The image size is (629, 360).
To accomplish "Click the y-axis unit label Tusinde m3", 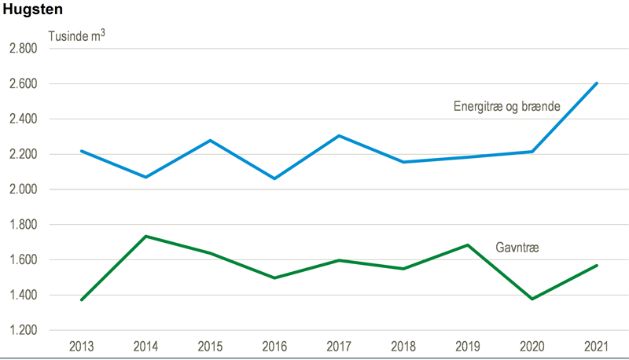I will point(77,36).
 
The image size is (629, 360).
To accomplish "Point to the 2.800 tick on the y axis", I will point(23,49).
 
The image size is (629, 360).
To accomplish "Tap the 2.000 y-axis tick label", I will point(23,189).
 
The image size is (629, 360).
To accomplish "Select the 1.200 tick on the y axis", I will point(23,330).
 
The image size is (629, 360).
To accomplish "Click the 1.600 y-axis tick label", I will point(23,260).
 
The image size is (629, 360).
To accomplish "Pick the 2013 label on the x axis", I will point(82,346).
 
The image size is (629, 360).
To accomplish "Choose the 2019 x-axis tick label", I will point(469,346).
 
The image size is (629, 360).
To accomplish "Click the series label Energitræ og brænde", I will point(506,106).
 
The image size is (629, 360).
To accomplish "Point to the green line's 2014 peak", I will point(147,237).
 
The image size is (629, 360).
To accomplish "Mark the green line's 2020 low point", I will point(532,299).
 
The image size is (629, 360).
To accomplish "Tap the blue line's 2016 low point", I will point(274,178).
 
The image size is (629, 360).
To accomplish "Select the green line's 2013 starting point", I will point(82,299).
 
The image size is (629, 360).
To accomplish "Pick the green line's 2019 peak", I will point(468,245).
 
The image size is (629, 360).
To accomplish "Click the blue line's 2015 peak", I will point(209,141).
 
